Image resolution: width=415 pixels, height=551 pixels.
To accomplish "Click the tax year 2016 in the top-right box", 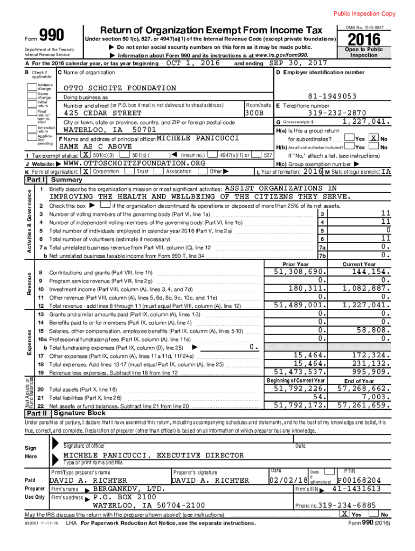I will [x=364, y=40].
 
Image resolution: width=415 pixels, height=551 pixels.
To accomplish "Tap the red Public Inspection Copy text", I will [x=364, y=13].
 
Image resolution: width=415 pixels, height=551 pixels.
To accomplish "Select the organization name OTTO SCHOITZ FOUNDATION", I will [x=120, y=88].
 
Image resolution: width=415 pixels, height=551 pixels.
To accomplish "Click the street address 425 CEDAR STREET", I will [x=102, y=114].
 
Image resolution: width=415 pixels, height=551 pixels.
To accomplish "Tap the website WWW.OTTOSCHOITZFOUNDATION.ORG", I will [x=135, y=163].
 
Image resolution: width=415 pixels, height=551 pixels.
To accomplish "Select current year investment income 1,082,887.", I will [x=365, y=288].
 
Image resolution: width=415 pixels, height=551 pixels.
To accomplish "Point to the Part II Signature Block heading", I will [x=79, y=413].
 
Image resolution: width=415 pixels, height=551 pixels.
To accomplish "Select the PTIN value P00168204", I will [x=359, y=480].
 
